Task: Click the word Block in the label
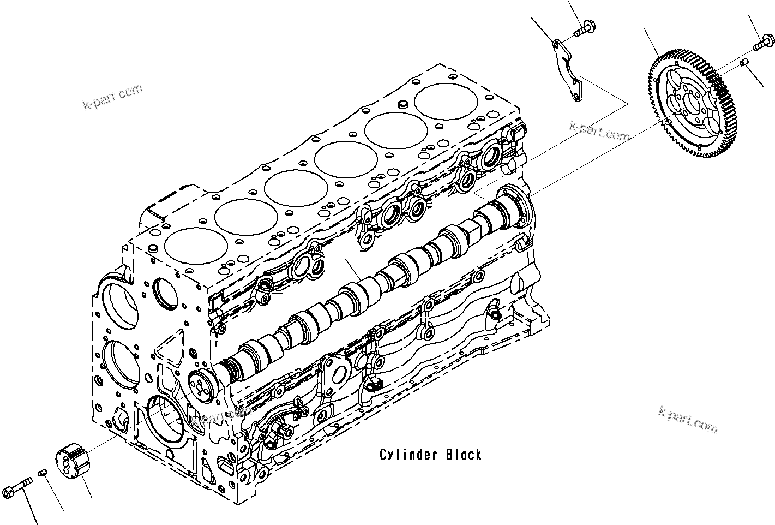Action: coord(464,455)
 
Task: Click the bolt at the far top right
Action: coord(762,43)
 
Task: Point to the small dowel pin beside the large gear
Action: coord(743,64)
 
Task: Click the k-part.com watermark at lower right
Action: coord(688,419)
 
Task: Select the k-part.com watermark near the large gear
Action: coord(599,130)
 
